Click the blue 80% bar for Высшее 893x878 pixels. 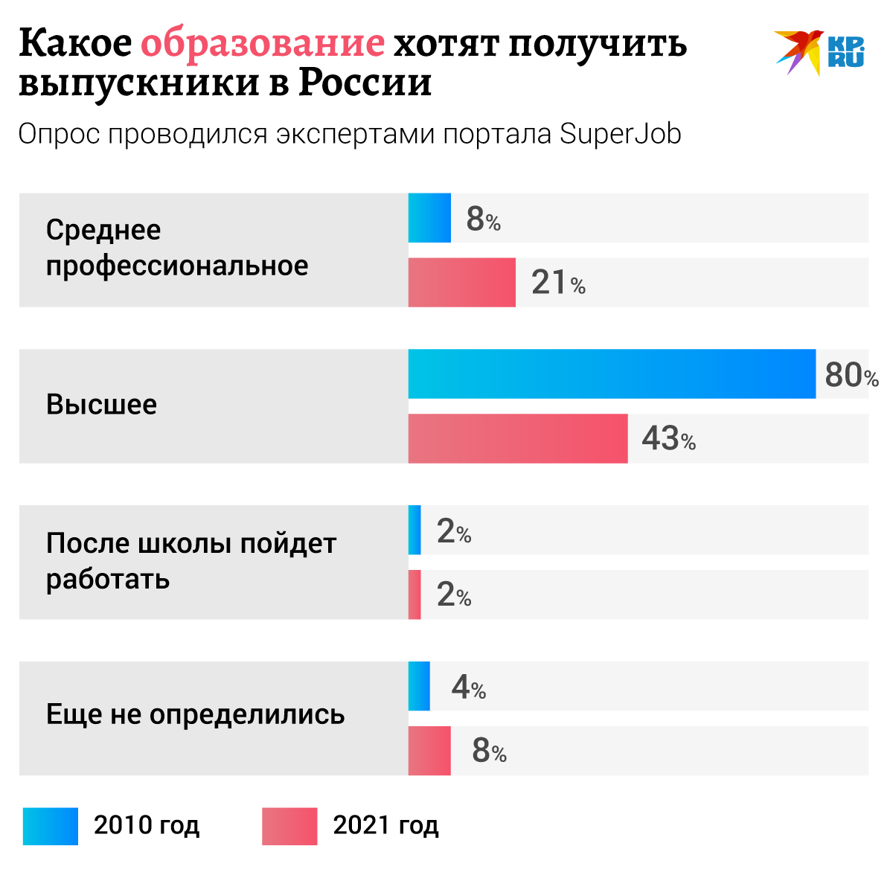tap(611, 374)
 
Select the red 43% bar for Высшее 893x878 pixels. tap(517, 438)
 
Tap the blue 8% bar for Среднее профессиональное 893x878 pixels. tap(429, 218)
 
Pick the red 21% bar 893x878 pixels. tap(461, 282)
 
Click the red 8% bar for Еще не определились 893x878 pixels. tap(429, 751)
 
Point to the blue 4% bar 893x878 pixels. tap(419, 686)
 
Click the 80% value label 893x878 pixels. tap(851, 375)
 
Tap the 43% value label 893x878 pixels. tap(668, 439)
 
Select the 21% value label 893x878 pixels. tap(557, 283)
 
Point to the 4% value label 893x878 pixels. tap(468, 687)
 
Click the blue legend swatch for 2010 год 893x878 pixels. tap(51, 826)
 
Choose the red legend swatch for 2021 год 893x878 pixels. tap(289, 826)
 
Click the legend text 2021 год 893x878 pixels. tap(385, 825)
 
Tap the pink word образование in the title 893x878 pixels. tap(263, 45)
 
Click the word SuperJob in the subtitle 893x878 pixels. tap(620, 135)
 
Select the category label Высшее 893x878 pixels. tap(102, 405)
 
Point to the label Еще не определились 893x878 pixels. tap(195, 714)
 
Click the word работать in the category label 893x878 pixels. tap(108, 579)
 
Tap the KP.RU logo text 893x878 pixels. tap(845, 52)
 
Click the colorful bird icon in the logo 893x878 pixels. tap(798, 51)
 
